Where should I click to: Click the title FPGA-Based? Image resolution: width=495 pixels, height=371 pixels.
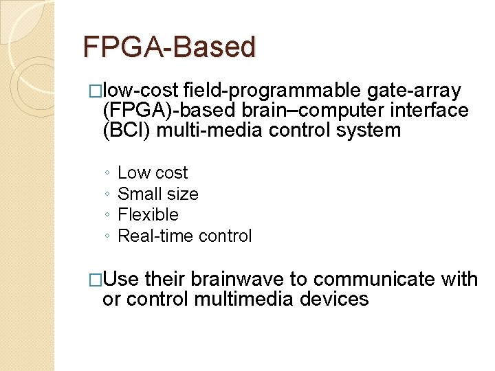click(x=169, y=47)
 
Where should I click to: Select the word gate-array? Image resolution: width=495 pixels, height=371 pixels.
click(x=415, y=90)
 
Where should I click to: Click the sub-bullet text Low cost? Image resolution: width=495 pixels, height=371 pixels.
click(x=153, y=172)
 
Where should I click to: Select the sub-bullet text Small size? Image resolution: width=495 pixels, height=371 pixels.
click(x=158, y=194)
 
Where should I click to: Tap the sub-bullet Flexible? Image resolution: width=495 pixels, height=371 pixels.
click(x=148, y=215)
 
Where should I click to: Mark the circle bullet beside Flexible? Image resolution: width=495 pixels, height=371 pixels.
click(x=108, y=216)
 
